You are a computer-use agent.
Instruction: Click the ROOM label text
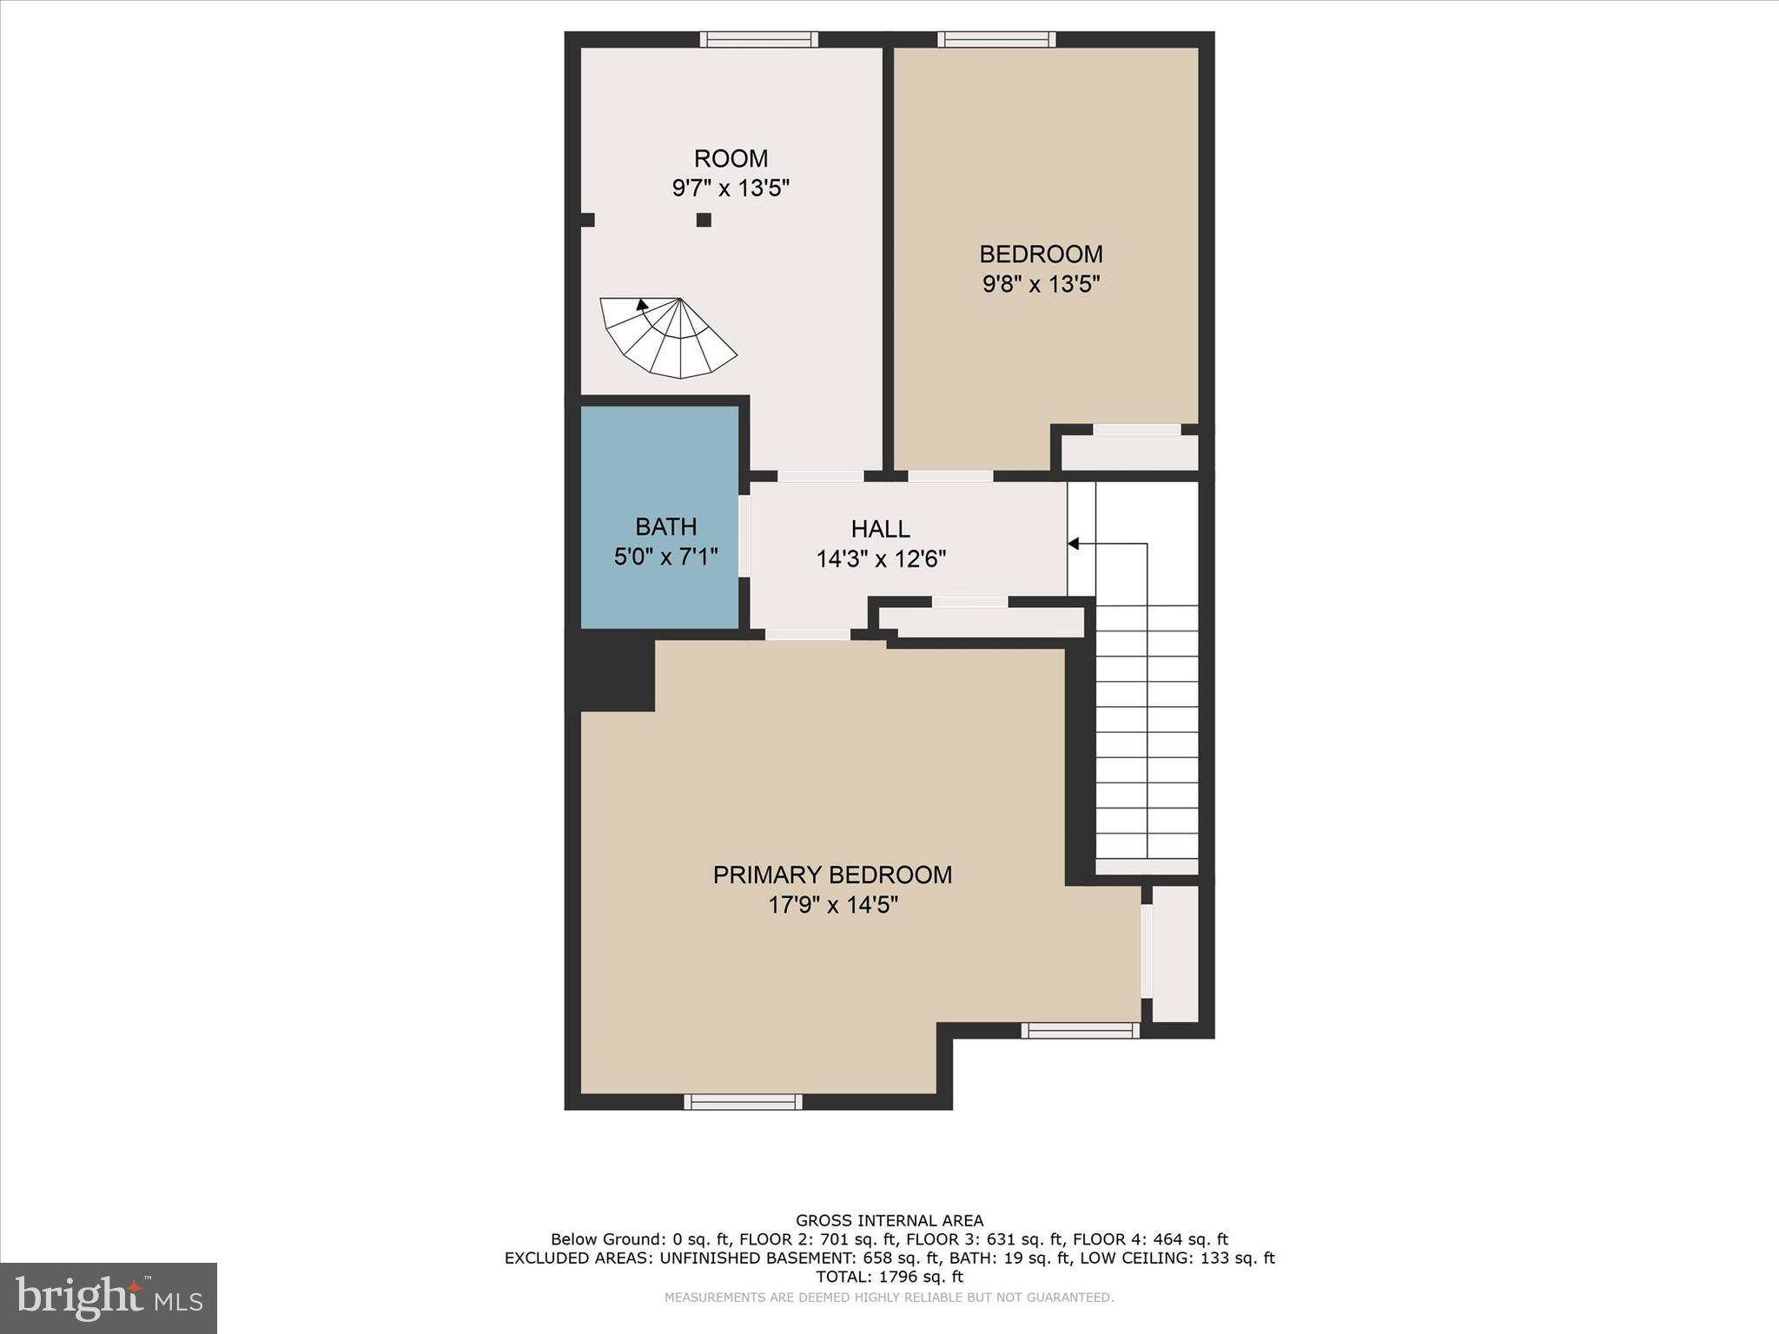(731, 158)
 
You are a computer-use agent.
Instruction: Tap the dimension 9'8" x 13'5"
(1041, 284)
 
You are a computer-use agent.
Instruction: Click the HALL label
(880, 528)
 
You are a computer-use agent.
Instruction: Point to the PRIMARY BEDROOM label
(832, 875)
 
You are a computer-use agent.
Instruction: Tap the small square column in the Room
(704, 220)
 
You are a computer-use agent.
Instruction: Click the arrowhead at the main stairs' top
(1073, 544)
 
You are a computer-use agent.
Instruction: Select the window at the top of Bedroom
(996, 39)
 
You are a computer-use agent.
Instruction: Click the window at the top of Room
(759, 39)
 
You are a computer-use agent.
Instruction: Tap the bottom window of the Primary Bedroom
(743, 1101)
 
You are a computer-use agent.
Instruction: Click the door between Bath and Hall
(744, 536)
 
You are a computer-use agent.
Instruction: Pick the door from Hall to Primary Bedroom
(807, 635)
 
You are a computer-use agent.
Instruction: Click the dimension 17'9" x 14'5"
(832, 905)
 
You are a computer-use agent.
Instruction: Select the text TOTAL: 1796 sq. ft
(889, 1277)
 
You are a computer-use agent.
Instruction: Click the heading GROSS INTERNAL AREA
(889, 1220)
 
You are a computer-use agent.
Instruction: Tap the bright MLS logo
(109, 1298)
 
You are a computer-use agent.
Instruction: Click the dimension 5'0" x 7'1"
(665, 556)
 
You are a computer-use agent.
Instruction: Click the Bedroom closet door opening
(1136, 429)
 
